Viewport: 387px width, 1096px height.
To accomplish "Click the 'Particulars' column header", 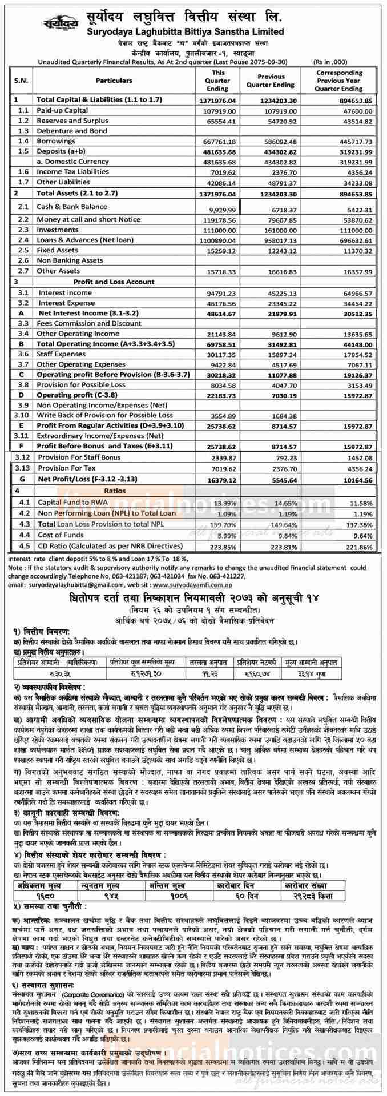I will pos(114,81).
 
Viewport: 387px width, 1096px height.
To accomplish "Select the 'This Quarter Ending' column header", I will pos(218,81).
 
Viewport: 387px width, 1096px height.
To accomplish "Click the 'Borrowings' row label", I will pos(56,141).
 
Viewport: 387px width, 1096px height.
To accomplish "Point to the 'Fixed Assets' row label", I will pos(58,250).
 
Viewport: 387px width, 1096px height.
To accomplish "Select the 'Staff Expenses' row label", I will pos(61,354).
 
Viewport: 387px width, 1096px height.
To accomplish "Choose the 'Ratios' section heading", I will pos(115,491).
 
